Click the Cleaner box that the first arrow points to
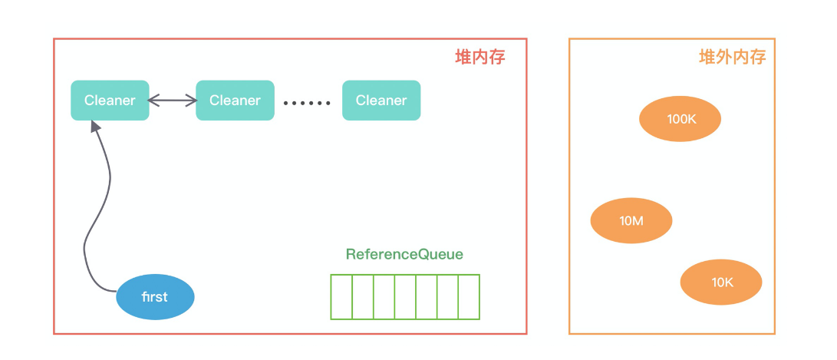coord(110,101)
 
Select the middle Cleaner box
coord(235,101)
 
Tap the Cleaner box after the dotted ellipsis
coord(381,101)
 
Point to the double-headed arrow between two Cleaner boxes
coord(172,101)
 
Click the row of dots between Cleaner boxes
coord(307,102)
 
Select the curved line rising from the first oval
coord(96,215)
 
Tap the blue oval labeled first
coord(155,297)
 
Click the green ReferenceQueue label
coord(404,254)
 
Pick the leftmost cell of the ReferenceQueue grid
coord(341,296)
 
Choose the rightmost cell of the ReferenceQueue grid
coord(469,296)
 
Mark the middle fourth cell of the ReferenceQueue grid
coord(405,296)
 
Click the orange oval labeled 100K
coord(680,119)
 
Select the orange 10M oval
coord(631,221)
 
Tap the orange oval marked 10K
coord(721,282)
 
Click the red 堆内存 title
coord(480,58)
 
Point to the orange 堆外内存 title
coord(732,58)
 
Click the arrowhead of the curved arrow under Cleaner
coord(95,127)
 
